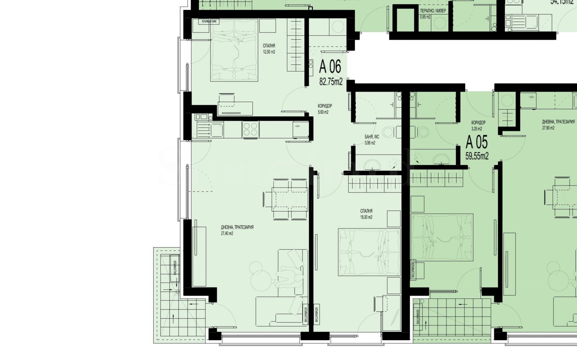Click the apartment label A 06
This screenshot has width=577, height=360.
tap(330, 67)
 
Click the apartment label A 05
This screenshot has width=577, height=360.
tap(476, 142)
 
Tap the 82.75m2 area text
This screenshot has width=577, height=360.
tap(331, 82)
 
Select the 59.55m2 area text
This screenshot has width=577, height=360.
tap(477, 156)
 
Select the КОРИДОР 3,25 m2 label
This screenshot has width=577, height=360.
tap(478, 125)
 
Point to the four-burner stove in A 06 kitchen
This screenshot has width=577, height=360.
tap(250, 129)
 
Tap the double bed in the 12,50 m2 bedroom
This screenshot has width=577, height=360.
tap(234, 50)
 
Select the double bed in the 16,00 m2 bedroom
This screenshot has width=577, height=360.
tap(369, 252)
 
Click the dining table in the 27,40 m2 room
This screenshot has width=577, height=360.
tap(286, 199)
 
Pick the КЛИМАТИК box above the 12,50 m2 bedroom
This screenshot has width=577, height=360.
tap(209, 22)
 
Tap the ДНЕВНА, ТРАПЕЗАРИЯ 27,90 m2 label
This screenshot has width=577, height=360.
tap(558, 125)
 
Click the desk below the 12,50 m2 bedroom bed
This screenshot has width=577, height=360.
tap(235, 108)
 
